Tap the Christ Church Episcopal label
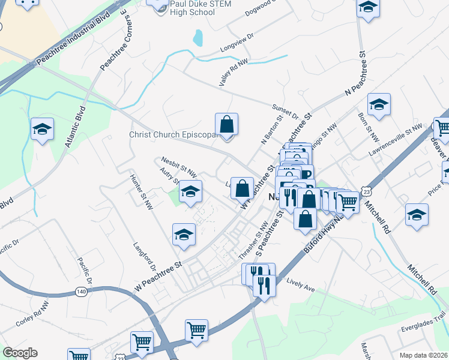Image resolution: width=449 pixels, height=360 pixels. coord(173,134)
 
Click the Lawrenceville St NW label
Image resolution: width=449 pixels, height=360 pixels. coord(397,137)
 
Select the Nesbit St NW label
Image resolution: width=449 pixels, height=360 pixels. coord(179,167)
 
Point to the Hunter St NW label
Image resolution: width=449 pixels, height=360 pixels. coord(142,192)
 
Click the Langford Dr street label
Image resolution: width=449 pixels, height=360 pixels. coord(145,259)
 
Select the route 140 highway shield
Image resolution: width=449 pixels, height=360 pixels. coord(81,292)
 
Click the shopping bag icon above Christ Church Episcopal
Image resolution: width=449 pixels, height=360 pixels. coord(226,125)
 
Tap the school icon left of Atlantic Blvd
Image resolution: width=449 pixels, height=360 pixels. coord(42,129)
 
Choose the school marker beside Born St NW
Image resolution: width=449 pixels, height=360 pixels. coord(379,106)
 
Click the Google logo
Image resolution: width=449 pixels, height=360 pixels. coord(20,352)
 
